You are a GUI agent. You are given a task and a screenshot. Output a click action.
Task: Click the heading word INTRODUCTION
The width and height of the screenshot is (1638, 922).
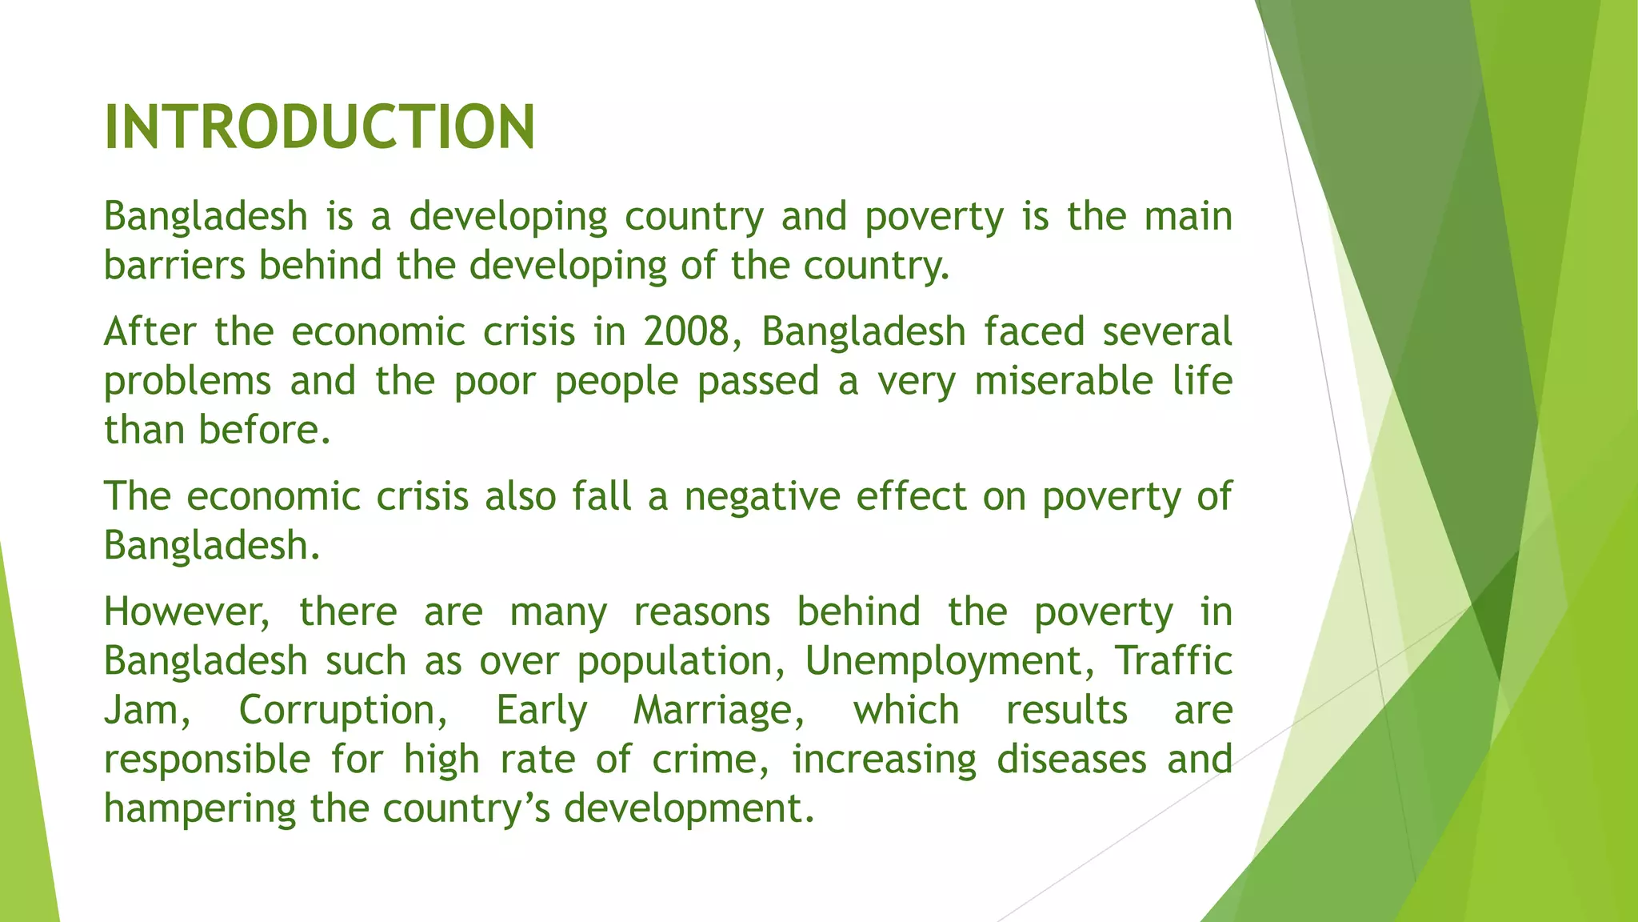319,127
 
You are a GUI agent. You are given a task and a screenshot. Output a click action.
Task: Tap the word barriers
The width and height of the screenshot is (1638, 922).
174,266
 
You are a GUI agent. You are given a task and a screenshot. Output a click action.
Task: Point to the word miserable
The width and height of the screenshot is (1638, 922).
1064,381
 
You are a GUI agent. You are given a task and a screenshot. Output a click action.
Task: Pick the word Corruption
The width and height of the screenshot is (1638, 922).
343,711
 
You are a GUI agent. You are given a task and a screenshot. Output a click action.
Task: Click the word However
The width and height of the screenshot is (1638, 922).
186,612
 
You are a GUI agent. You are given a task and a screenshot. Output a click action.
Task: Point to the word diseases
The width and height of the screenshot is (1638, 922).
1072,760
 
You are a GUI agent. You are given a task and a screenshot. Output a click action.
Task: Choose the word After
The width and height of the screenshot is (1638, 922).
150,332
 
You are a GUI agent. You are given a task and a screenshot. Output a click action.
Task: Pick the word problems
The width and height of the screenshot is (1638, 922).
187,381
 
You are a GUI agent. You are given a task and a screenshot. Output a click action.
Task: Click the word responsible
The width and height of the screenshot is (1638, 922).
207,760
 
